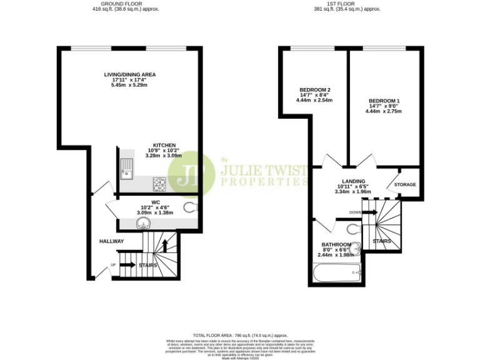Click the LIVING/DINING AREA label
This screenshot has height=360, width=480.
click(x=129, y=74)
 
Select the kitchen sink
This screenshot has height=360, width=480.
click(x=127, y=168)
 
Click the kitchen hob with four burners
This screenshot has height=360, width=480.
click(x=159, y=184)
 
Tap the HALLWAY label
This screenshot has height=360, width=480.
click(x=111, y=241)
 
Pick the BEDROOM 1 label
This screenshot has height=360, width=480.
click(x=384, y=101)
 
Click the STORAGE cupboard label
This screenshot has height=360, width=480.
click(x=405, y=184)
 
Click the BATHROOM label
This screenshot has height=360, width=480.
click(x=336, y=244)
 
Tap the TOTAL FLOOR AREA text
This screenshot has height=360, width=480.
click(x=240, y=336)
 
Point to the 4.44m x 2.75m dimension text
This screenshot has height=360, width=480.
click(x=384, y=111)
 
